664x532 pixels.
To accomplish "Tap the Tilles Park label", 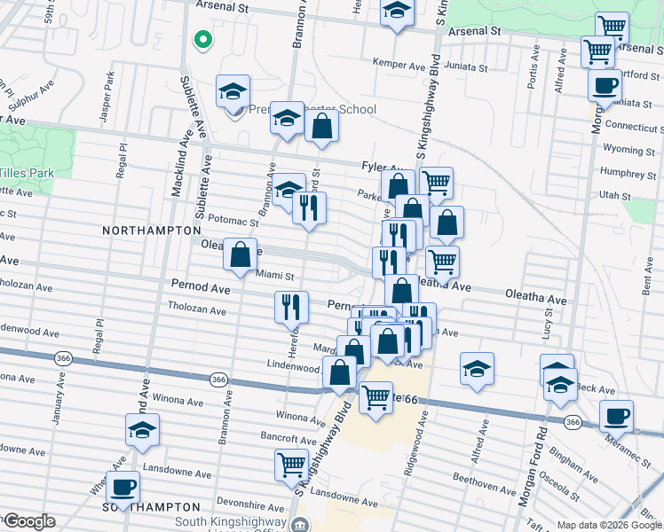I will point(27,173).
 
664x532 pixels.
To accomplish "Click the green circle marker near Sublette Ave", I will point(202,39).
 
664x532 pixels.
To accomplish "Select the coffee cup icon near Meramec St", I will point(616,416).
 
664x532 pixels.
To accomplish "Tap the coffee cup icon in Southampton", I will point(123,487).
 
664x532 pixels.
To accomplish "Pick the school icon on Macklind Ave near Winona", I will point(142,429).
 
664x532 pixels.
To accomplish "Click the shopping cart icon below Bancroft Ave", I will point(292,464).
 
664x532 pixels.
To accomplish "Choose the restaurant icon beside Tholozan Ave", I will point(292,307).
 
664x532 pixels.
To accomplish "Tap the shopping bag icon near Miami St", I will point(240,255).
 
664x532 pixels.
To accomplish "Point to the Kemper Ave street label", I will point(399,65).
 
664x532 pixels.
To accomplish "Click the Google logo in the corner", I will point(28,521).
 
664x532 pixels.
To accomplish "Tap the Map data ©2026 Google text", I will point(609,525).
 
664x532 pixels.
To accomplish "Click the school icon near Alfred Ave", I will point(477,369).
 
